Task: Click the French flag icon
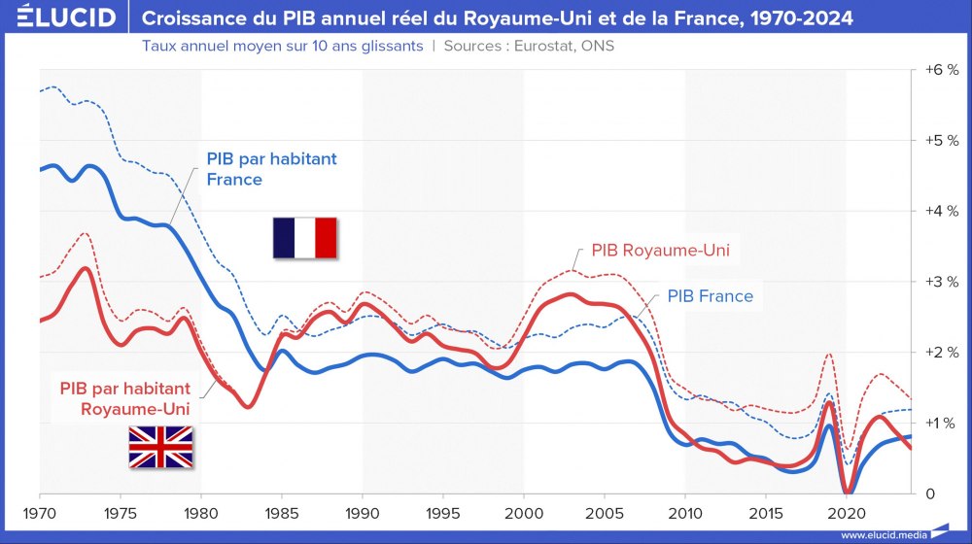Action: click(304, 237)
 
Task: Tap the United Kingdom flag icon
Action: click(161, 447)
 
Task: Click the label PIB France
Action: click(711, 295)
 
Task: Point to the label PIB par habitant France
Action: click(271, 168)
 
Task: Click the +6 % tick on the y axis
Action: click(940, 70)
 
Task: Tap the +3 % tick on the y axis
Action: click(940, 282)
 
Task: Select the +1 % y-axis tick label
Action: click(940, 423)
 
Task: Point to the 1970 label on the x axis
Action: click(40, 511)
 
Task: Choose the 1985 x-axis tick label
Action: click(281, 511)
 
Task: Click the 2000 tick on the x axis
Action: click(523, 511)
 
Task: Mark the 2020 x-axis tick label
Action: click(845, 511)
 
